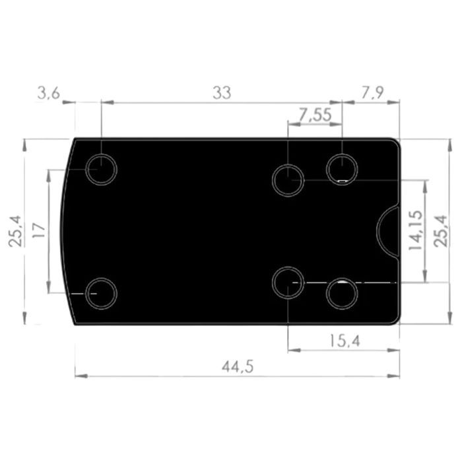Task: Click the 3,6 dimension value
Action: pos(49,94)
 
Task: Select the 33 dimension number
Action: pos(222,93)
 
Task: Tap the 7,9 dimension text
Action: pos(372,93)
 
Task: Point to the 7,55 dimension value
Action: pos(315,115)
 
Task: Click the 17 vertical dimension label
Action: pos(38,230)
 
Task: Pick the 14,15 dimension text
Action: pos(415,230)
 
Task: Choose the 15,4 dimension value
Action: pos(345,341)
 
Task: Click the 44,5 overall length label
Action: pos(238,367)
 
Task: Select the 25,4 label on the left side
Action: pos(15,231)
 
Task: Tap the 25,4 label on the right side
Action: pos(441,231)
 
